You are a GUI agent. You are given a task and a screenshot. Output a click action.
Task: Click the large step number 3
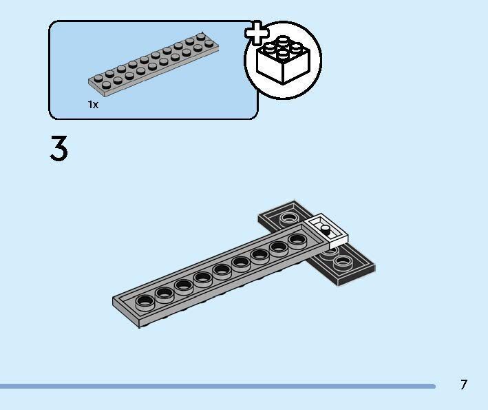click(x=59, y=150)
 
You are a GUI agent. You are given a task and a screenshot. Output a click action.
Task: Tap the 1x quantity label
click(x=93, y=104)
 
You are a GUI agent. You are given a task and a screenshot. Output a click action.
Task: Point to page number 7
click(x=464, y=385)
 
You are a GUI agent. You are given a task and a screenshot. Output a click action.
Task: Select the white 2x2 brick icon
click(x=283, y=62)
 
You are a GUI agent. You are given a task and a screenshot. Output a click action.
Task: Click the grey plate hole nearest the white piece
click(x=297, y=240)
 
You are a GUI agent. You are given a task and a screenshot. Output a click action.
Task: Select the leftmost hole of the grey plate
click(x=145, y=300)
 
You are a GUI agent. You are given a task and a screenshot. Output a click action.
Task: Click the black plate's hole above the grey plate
click(x=290, y=220)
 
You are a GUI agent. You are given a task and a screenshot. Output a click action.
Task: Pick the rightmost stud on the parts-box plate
click(x=200, y=37)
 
